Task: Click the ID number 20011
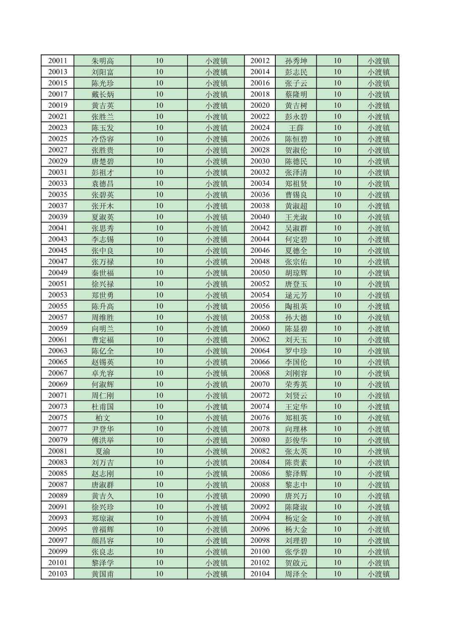(57, 61)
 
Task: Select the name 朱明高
(103, 61)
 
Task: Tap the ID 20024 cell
(260, 127)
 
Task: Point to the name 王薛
(296, 127)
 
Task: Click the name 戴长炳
(103, 94)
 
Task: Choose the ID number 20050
(260, 273)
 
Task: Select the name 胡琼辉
(296, 273)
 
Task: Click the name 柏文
(103, 418)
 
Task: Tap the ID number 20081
(57, 451)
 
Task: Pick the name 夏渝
(103, 451)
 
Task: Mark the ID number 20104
(260, 574)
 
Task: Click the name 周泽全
(296, 574)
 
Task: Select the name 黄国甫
(103, 574)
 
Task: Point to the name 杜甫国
(103, 406)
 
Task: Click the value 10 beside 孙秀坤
(337, 61)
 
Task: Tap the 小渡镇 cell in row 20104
(378, 574)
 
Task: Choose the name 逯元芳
(296, 295)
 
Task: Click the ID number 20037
(57, 206)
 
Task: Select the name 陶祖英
(296, 306)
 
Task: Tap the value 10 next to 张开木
(159, 206)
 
